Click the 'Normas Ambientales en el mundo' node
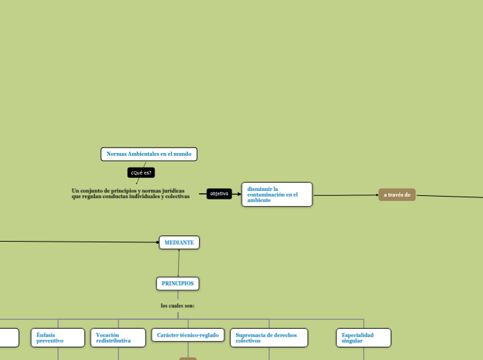(x=148, y=154)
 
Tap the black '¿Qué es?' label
(x=141, y=172)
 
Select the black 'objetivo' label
(x=219, y=194)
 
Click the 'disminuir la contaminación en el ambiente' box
(x=276, y=195)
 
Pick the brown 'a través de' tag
(x=397, y=195)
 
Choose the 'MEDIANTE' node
(x=179, y=242)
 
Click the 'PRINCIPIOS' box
(x=177, y=283)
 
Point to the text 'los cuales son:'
(x=177, y=305)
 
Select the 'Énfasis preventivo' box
(x=58, y=337)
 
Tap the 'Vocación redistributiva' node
(x=118, y=337)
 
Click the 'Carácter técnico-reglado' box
(x=187, y=335)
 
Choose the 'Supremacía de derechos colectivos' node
(x=269, y=337)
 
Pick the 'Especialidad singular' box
(x=363, y=337)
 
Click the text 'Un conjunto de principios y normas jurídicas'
(x=128, y=190)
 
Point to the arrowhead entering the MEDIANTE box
(x=158, y=242)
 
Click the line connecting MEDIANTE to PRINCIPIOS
(x=178, y=263)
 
